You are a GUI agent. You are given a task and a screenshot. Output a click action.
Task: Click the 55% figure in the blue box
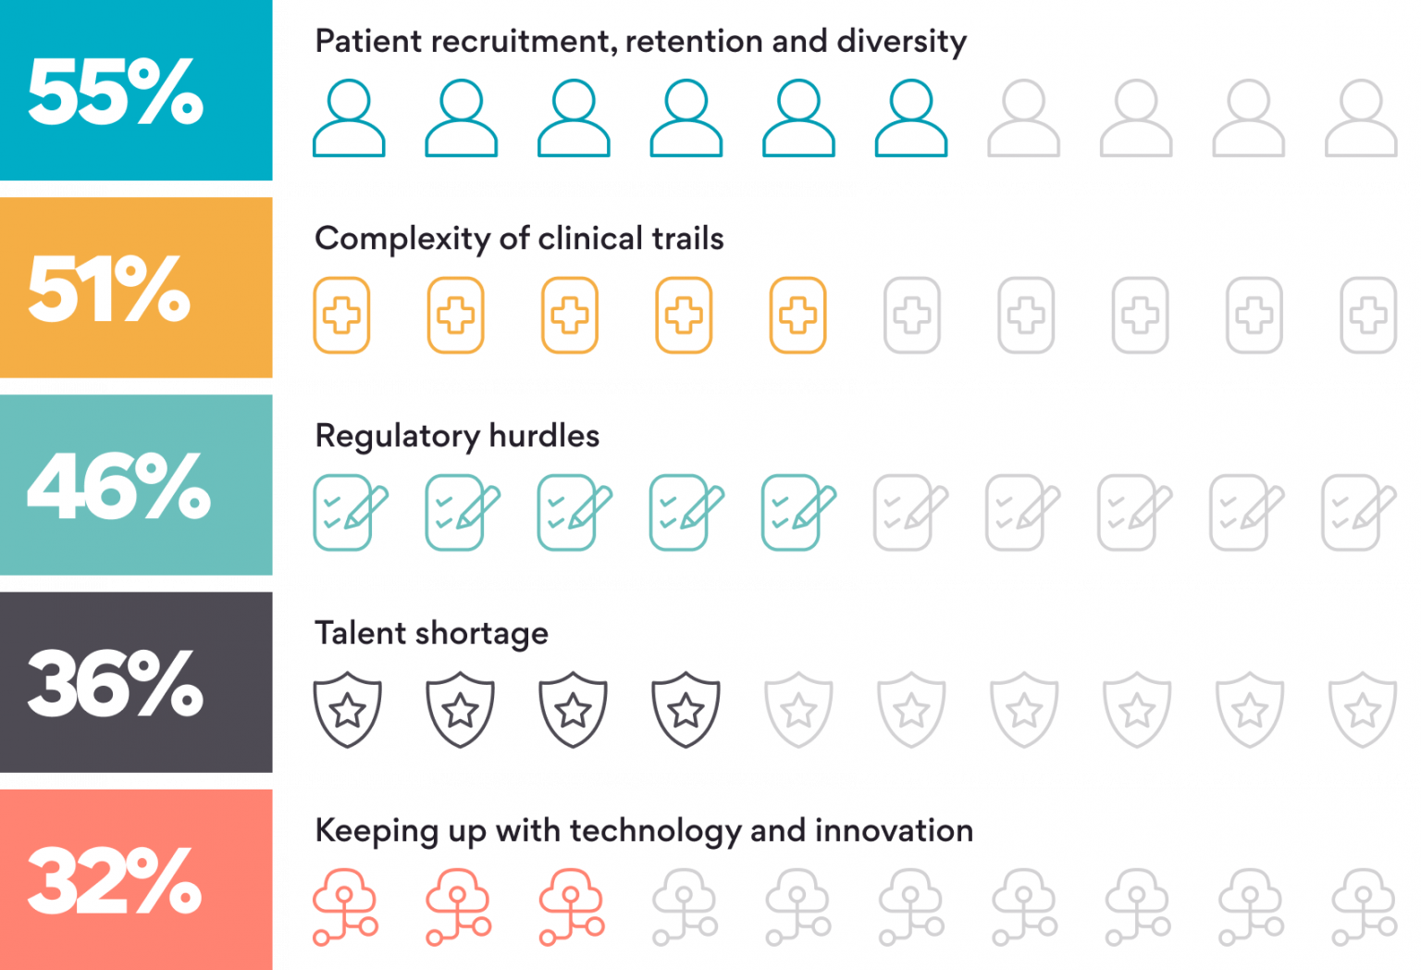tap(116, 92)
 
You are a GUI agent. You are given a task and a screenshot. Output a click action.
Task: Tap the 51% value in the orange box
tap(109, 289)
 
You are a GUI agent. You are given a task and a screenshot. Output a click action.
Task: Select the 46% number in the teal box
tap(118, 486)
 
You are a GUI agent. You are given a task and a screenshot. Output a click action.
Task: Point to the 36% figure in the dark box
tap(116, 683)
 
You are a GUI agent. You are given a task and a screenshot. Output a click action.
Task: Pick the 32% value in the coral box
tap(115, 880)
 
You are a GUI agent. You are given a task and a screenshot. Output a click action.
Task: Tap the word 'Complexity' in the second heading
tap(402, 239)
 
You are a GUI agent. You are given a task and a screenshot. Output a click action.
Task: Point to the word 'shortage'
tap(481, 634)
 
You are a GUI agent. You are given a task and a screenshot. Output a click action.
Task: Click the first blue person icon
tap(349, 118)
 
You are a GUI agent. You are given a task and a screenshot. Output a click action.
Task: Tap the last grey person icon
tap(1361, 118)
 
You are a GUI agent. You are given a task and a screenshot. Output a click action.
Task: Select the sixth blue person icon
tap(911, 118)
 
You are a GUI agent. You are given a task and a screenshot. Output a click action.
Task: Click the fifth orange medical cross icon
tap(797, 316)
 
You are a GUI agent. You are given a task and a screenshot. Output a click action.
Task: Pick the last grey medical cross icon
tap(1368, 316)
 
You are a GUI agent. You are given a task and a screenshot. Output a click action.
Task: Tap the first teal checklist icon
tap(349, 513)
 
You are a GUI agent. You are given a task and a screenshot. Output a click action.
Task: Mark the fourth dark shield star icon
tap(686, 709)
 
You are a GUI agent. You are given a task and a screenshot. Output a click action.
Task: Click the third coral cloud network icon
tap(572, 907)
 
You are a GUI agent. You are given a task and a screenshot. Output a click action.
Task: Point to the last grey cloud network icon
tap(1364, 907)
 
